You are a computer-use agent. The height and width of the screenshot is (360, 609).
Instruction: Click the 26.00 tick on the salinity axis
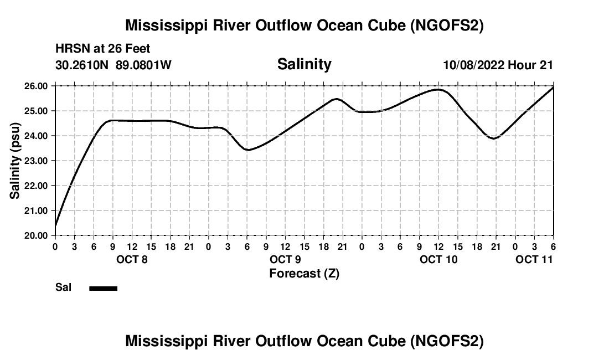(x=37, y=86)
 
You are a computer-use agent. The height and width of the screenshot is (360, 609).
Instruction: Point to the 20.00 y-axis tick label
(x=37, y=235)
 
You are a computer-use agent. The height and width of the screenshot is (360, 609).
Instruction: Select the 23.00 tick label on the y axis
(x=37, y=161)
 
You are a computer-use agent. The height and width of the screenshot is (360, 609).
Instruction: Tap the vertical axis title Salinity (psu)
(x=15, y=161)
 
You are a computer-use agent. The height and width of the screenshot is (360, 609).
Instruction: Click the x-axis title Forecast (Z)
(x=304, y=273)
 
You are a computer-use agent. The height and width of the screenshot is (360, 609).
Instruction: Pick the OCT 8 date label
(x=132, y=259)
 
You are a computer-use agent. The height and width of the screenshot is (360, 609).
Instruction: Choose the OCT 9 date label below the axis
(x=285, y=259)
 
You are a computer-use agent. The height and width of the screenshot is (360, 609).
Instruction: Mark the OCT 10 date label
(x=438, y=259)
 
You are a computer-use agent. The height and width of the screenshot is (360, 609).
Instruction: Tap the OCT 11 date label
(x=534, y=259)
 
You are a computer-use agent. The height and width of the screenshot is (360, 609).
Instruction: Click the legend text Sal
(x=63, y=287)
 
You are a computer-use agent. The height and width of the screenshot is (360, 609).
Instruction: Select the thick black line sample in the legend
(x=104, y=288)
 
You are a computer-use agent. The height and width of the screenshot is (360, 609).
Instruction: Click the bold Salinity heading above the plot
(x=304, y=64)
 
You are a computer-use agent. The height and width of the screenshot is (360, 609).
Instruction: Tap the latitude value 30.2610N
(x=82, y=65)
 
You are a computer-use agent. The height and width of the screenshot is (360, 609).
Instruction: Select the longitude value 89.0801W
(x=143, y=65)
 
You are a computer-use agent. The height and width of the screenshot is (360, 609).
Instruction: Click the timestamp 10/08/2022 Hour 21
(x=498, y=65)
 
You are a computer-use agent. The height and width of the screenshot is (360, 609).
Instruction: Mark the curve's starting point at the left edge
(x=55, y=226)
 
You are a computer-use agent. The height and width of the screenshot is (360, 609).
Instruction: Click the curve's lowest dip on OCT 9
(x=247, y=150)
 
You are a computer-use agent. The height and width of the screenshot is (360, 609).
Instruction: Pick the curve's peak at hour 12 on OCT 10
(x=438, y=89)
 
